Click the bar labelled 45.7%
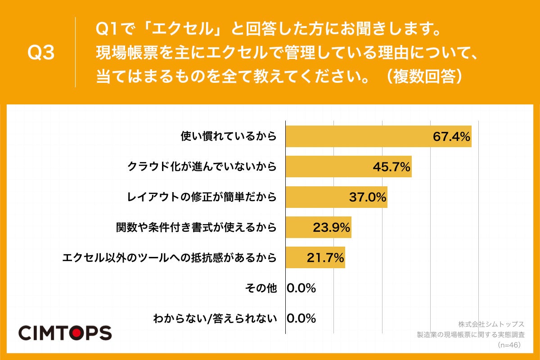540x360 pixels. (328, 167)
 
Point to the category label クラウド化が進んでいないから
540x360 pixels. (201, 167)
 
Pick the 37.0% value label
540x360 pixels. (368, 197)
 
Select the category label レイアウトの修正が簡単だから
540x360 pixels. (201, 197)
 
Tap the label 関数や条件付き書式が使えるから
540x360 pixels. (196, 227)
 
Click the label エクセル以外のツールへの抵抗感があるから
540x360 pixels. (169, 258)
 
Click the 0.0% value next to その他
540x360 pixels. (301, 288)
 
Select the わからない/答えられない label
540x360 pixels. (215, 319)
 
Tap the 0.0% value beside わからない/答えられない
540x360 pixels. (301, 319)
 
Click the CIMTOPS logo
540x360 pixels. (65, 333)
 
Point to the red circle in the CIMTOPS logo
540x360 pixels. (76, 333)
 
